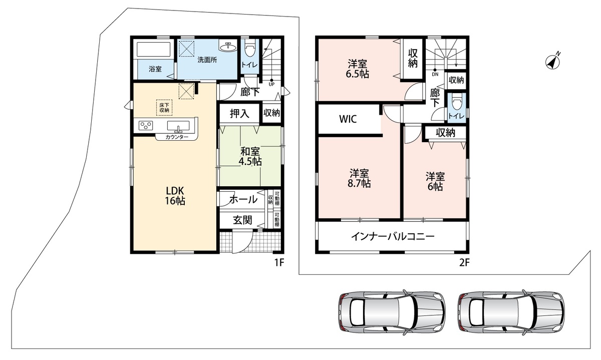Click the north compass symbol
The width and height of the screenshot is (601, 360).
coord(553,62)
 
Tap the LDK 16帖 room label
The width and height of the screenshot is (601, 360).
coord(175,196)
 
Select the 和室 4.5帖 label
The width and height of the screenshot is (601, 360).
coord(250,156)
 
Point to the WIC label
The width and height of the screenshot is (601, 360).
coord(348,119)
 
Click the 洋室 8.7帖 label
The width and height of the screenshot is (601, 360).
coord(359,178)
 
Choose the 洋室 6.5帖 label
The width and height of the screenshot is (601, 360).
coord(358,69)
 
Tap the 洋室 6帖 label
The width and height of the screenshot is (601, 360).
coord(435,181)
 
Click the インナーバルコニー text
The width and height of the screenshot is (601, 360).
coord(393,236)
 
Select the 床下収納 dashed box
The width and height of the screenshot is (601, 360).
coord(164,108)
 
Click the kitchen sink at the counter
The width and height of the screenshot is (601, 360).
coord(178,126)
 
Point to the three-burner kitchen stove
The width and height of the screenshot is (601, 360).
coord(146,126)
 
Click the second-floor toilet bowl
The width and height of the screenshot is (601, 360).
coord(456,103)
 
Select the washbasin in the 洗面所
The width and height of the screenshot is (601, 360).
coord(228,47)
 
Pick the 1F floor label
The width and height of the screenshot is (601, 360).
coord(279,262)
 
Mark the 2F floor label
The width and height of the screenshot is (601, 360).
coord(464,262)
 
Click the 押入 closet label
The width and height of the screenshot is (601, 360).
coord(239,114)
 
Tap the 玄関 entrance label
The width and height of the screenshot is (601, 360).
coord(242,220)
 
